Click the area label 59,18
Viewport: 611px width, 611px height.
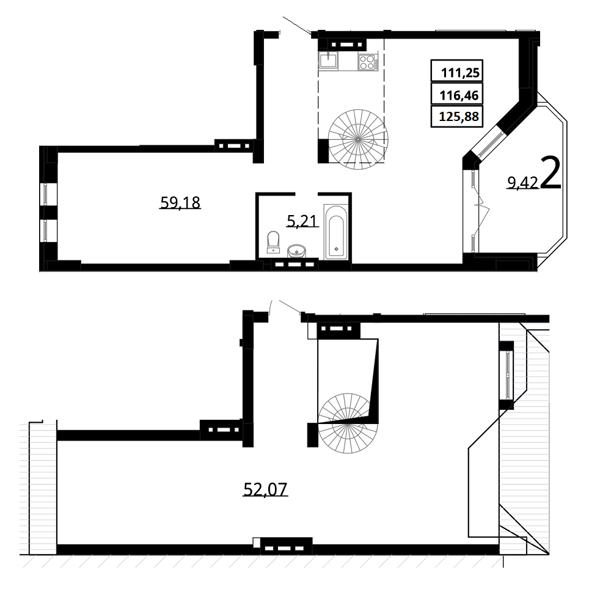pyautogui.click(x=180, y=203)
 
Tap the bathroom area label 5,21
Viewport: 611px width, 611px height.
pyautogui.click(x=303, y=221)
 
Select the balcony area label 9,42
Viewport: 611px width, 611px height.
pyautogui.click(x=522, y=182)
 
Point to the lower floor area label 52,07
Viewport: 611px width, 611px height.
pyautogui.click(x=265, y=489)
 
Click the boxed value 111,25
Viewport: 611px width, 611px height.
pyautogui.click(x=460, y=73)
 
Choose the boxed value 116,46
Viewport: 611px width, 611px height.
pyautogui.click(x=459, y=95)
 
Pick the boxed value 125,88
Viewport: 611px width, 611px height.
pyautogui.click(x=459, y=117)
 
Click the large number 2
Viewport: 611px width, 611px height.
pyautogui.click(x=551, y=174)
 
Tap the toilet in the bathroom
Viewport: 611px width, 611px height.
pyautogui.click(x=273, y=242)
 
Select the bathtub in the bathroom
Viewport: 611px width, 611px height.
pyautogui.click(x=336, y=232)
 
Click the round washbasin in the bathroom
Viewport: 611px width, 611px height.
pyautogui.click(x=297, y=251)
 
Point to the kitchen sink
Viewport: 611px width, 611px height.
pyautogui.click(x=329, y=60)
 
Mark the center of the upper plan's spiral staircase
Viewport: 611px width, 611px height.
pyautogui.click(x=358, y=139)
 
